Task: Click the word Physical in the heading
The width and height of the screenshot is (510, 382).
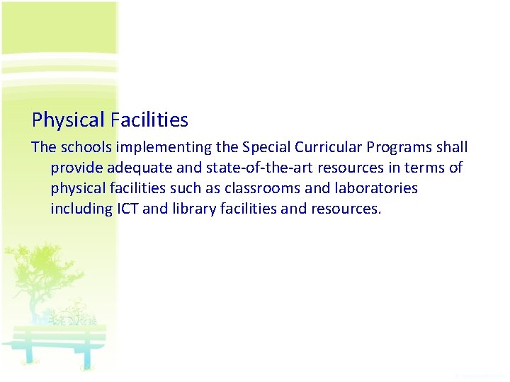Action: tap(68, 121)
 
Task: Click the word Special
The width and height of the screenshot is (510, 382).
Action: tap(266, 148)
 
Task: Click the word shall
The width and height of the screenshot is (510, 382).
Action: tap(452, 148)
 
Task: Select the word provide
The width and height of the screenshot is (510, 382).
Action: tap(76, 168)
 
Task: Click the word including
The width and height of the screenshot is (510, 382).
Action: tap(80, 209)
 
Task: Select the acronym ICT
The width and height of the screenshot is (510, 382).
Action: tap(127, 209)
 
